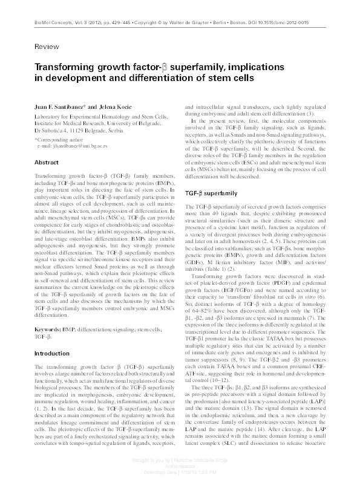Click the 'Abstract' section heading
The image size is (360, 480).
pyautogui.click(x=46, y=163)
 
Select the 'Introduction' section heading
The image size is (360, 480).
pyautogui.click(x=51, y=352)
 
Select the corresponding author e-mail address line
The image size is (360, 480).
pyautogui.click(x=76, y=147)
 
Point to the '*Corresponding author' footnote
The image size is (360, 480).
pyautogui.click(x=62, y=140)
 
